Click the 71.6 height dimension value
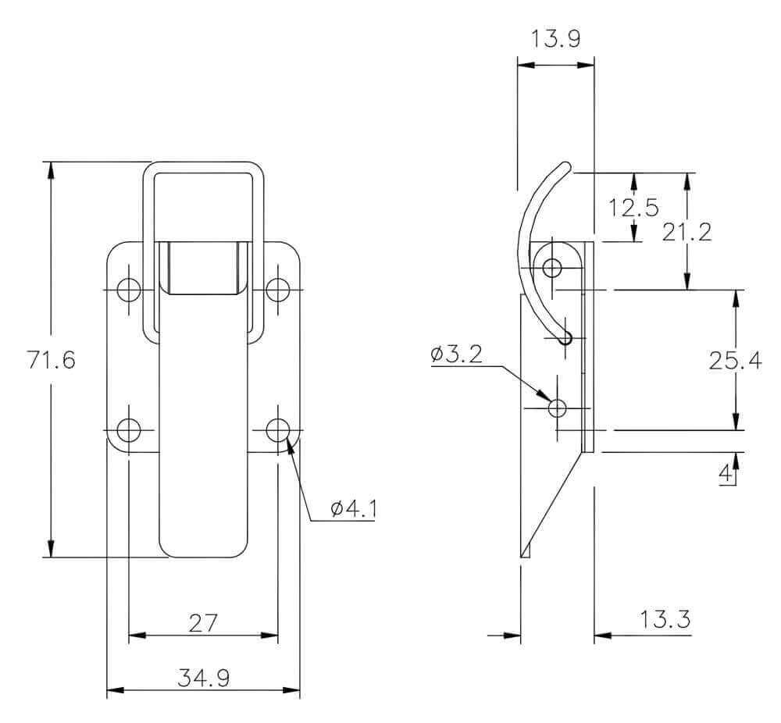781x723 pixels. [51, 359]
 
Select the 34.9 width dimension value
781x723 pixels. [204, 678]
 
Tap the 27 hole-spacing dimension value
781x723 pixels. [203, 623]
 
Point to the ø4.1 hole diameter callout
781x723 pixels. [353, 508]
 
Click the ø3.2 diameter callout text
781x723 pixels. [457, 354]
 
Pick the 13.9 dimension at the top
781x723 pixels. [556, 38]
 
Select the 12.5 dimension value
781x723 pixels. [633, 207]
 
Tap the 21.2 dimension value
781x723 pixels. [686, 232]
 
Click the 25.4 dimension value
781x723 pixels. [735, 360]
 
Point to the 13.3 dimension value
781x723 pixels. [665, 619]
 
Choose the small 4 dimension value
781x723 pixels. [726, 472]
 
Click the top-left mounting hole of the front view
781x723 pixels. [129, 290]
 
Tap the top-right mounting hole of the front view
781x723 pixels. [278, 290]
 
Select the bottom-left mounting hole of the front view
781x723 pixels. [129, 430]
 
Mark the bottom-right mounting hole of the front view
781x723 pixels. [278, 430]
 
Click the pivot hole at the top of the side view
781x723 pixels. [552, 267]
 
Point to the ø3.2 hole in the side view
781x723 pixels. [558, 408]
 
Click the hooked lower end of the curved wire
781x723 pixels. [565, 337]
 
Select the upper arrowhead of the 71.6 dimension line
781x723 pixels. [50, 170]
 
